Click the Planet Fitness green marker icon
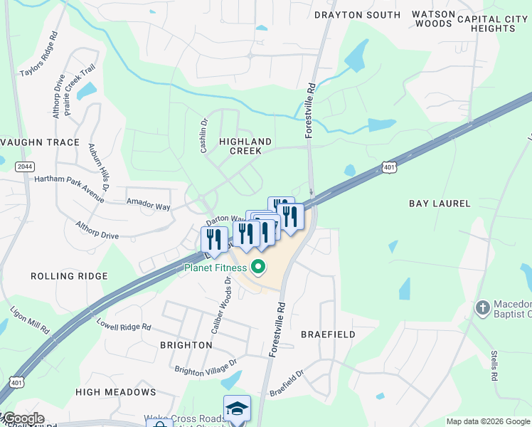pos(259,268)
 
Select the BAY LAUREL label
pos(440,204)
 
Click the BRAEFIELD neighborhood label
pos(328,334)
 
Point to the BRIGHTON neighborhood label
pos(186,345)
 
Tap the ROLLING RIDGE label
pos(69,275)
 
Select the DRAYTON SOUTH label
pos(358,15)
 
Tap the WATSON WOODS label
pos(432,19)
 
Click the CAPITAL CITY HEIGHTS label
pos(496,23)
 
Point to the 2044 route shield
pos(24,167)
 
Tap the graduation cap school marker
pos(237,408)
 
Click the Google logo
pos(23,418)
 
